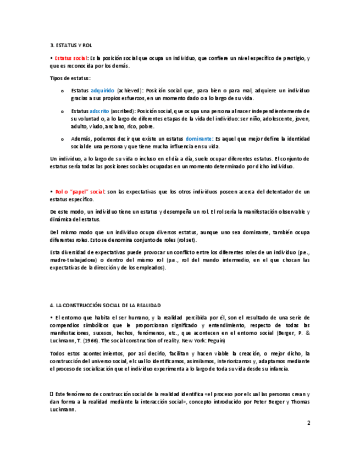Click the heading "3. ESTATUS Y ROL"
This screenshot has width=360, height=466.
tap(70, 45)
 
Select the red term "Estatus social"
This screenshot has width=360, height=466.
tap(70, 58)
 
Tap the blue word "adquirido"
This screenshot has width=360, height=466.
tap(102, 90)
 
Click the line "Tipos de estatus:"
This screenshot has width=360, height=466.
tap(70, 78)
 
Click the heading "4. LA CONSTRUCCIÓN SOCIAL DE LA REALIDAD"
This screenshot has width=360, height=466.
tap(106, 305)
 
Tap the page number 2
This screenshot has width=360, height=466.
tap(308, 423)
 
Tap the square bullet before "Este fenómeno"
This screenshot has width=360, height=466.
tap(52, 394)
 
